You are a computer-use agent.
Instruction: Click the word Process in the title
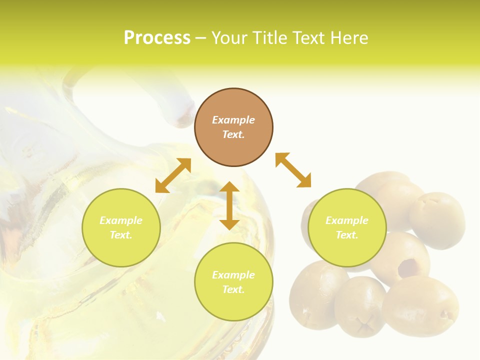(x=157, y=38)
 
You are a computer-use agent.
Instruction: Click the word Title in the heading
(x=269, y=38)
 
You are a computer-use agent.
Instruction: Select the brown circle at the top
(x=233, y=127)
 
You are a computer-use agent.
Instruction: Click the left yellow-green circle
(x=121, y=227)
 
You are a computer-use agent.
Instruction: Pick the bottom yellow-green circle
(x=233, y=282)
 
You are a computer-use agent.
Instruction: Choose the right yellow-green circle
(x=347, y=227)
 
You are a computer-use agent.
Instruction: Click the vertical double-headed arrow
(x=229, y=205)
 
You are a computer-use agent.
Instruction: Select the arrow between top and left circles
(x=173, y=175)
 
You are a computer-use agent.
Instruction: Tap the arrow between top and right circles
(x=293, y=170)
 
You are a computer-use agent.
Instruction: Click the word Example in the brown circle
(x=233, y=120)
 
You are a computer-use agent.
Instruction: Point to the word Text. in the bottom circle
(x=233, y=289)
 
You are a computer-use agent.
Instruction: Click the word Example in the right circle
(x=347, y=220)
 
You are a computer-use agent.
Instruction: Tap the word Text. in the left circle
(x=121, y=235)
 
